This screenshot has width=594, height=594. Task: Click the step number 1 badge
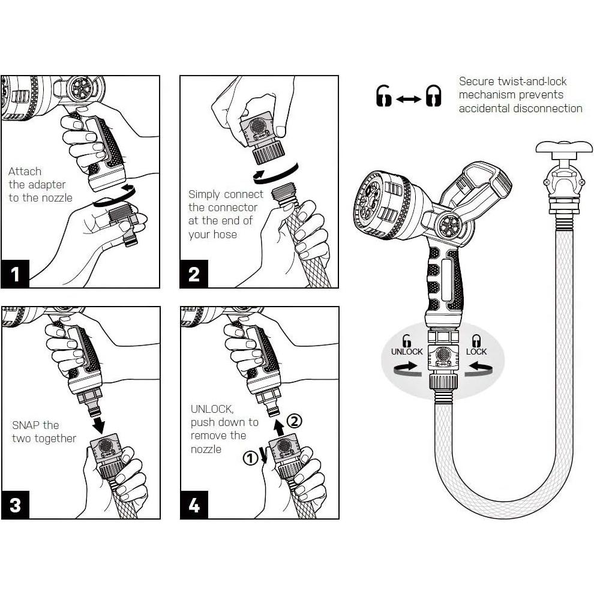(x=15, y=274)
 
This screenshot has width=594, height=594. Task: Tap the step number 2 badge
(x=194, y=274)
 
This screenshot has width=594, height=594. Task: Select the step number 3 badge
(x=15, y=505)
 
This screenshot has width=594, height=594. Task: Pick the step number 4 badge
(x=194, y=505)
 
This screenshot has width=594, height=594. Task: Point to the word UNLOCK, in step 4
(x=212, y=409)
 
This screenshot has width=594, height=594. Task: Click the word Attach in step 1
(x=25, y=172)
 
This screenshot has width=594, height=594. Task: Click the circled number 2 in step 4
(x=295, y=421)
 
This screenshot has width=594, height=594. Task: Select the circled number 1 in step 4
(x=250, y=458)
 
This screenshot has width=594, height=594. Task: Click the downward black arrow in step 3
(x=99, y=425)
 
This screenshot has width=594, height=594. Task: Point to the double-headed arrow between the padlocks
(x=409, y=99)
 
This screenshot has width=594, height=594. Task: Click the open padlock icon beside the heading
(x=384, y=95)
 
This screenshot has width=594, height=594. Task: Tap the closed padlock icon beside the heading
(x=433, y=95)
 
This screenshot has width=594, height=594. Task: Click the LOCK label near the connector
(x=476, y=352)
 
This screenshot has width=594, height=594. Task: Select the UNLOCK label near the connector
(x=407, y=352)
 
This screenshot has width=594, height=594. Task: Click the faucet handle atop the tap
(x=564, y=146)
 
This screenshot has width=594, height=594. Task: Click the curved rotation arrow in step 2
(x=275, y=174)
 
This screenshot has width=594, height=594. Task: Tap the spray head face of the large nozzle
(x=370, y=202)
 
